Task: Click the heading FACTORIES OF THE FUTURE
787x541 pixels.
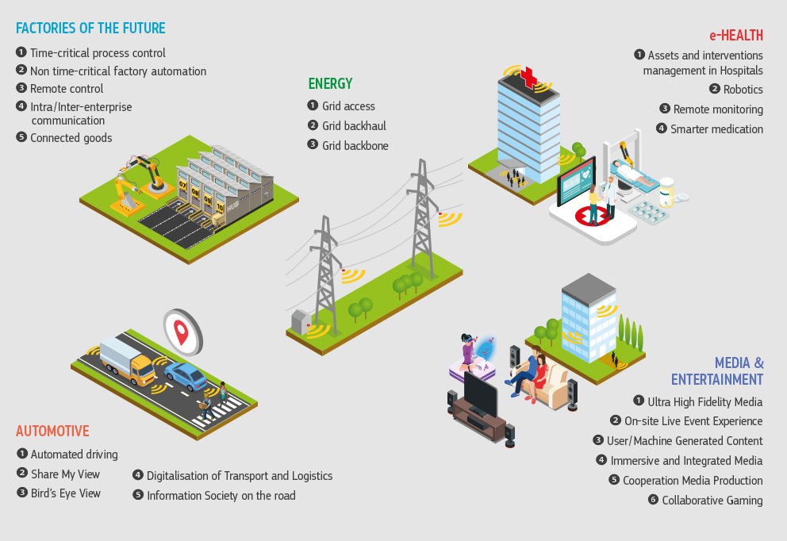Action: click(x=90, y=29)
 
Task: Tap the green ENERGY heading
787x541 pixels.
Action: click(x=330, y=83)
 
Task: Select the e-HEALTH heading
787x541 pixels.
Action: click(x=736, y=35)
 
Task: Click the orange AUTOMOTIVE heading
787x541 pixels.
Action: click(x=52, y=432)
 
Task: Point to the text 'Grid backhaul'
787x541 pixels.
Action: click(x=354, y=125)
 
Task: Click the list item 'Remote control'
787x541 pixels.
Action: click(x=67, y=88)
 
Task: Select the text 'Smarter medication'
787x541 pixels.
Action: click(x=716, y=129)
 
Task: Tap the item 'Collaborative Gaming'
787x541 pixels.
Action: click(x=712, y=500)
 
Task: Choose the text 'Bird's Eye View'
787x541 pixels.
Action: click(x=66, y=493)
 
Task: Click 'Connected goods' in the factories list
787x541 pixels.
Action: click(x=71, y=137)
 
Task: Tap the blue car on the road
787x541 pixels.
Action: click(x=185, y=374)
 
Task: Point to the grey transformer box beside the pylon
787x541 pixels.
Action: click(x=301, y=322)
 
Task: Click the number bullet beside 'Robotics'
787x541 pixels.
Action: click(x=715, y=89)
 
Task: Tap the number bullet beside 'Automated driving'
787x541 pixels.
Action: click(x=21, y=454)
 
